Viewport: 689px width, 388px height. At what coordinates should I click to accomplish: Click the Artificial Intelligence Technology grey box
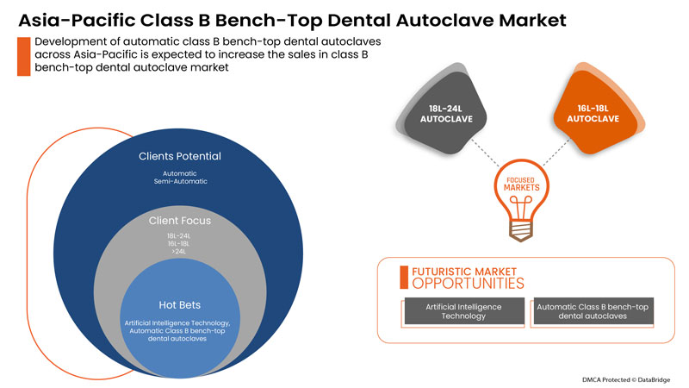464,311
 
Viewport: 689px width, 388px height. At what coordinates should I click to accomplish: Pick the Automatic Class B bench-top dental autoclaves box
593,311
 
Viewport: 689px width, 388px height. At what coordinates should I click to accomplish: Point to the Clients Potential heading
180,157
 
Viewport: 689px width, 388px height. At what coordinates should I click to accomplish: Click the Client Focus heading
180,221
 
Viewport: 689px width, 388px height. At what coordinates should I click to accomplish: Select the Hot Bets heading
180,304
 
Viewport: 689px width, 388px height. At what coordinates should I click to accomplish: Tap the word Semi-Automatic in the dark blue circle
180,182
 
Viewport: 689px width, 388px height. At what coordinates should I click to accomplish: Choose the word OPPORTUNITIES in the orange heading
466,283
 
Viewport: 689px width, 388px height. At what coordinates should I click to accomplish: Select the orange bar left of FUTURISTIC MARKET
403,276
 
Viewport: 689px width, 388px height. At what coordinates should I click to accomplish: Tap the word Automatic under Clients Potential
180,173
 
